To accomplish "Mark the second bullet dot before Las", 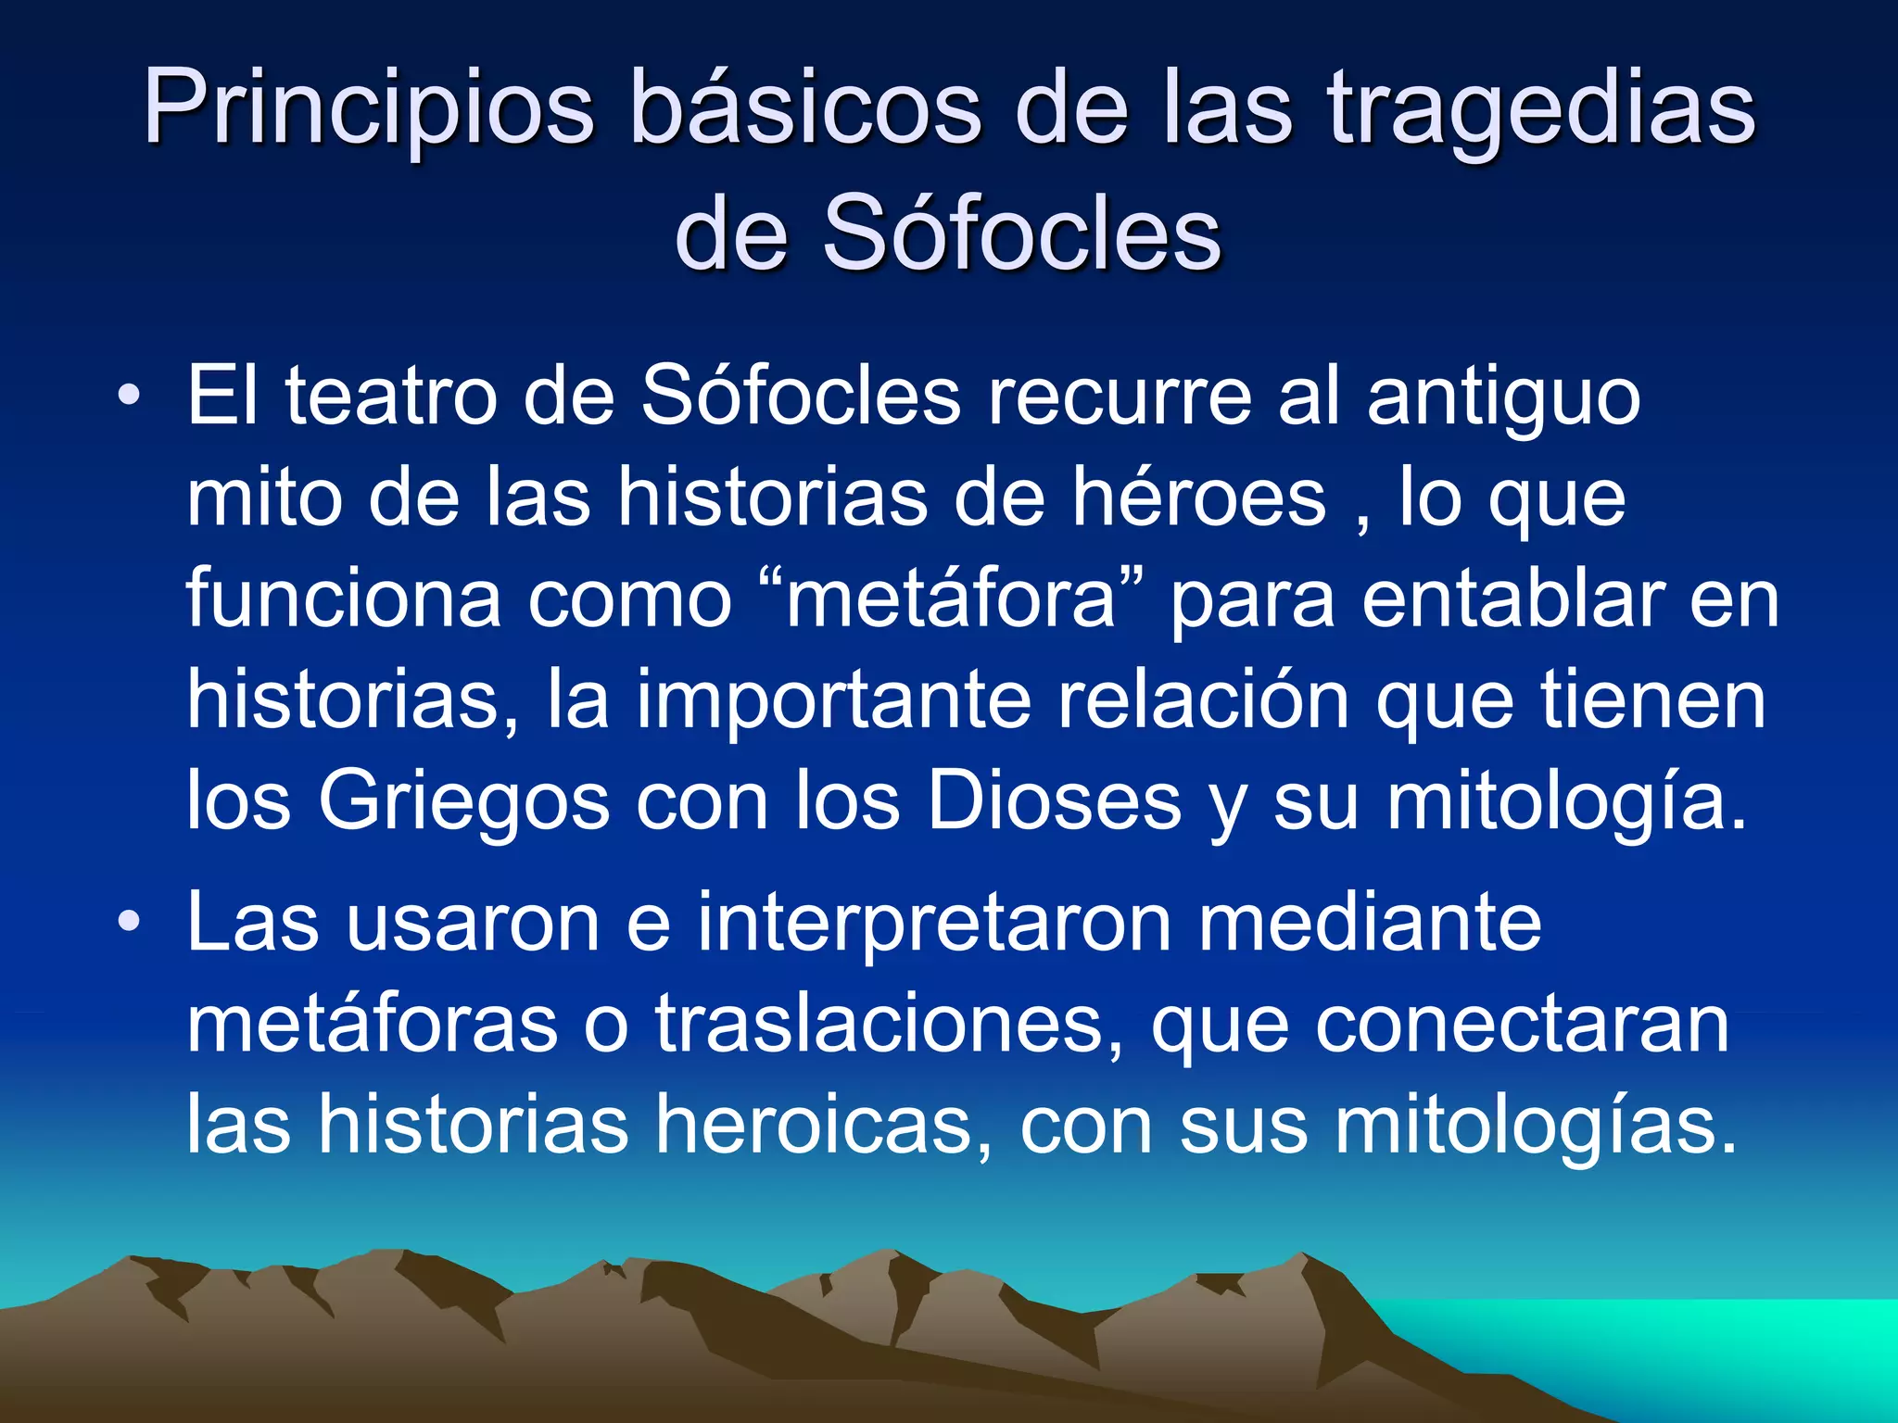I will coord(130,923).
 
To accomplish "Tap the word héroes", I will coord(1199,498).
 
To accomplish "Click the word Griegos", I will coord(463,802).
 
